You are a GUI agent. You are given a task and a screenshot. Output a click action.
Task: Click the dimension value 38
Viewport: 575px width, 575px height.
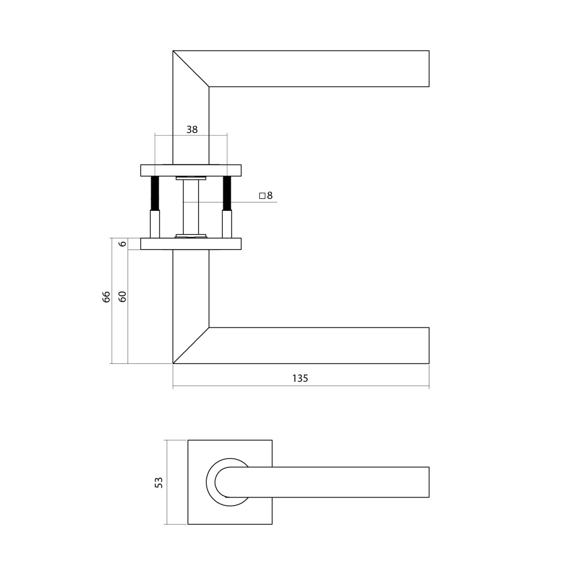192,129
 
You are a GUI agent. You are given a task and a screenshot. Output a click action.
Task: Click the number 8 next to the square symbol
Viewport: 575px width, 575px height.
270,195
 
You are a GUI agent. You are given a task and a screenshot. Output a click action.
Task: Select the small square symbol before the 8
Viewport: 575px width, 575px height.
262,196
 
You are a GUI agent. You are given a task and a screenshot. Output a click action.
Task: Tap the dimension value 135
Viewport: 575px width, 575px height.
300,378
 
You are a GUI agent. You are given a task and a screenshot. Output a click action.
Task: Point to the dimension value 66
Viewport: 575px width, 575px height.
106,297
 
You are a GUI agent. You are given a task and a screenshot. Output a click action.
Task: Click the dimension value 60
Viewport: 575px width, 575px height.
123,297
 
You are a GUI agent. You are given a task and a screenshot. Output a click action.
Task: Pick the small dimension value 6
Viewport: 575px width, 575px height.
123,244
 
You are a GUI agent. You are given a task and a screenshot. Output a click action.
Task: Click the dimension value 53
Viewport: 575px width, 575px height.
158,482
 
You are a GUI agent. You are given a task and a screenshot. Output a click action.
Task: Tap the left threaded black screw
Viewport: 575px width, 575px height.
155,193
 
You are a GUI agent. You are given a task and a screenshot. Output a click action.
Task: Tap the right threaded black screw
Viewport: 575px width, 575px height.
227,193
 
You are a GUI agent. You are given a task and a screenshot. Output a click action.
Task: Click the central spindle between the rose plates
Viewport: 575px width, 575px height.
191,207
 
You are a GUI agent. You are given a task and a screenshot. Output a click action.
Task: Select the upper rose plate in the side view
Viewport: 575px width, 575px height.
191,170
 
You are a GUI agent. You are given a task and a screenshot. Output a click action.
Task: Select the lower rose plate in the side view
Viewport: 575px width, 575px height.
191,244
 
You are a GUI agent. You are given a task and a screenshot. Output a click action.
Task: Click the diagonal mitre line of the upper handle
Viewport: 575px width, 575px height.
191,69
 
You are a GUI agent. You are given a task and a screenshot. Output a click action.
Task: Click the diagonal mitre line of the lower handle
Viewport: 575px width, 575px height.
191,345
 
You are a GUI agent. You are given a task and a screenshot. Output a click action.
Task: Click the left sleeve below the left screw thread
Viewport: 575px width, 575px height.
155,224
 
